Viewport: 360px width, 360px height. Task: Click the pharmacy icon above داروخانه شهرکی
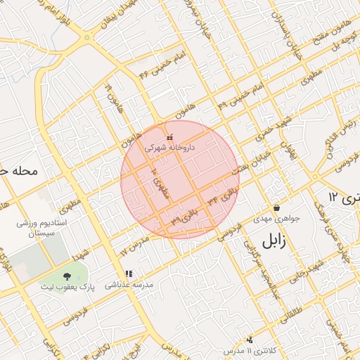click(x=169, y=137)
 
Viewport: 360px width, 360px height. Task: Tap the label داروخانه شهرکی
click(x=169, y=148)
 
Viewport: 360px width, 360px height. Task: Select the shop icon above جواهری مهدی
click(x=276, y=207)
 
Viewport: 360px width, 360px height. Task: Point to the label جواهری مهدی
click(x=278, y=219)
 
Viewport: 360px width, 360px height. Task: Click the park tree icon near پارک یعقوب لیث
click(x=67, y=276)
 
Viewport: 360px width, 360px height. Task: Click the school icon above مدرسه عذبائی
click(x=128, y=274)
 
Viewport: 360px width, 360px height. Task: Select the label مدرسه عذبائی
click(x=129, y=285)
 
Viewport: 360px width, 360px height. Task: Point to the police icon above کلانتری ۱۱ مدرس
click(x=249, y=339)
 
